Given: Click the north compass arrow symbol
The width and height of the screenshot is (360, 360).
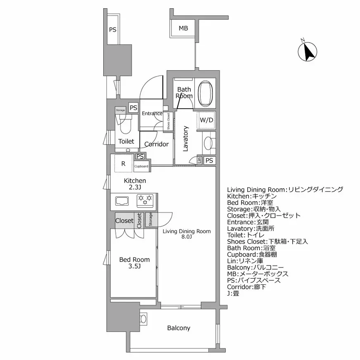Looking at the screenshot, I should click(307, 51).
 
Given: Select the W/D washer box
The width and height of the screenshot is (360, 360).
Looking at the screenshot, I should click(206, 120).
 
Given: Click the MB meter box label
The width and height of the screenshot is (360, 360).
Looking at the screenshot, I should click(183, 28).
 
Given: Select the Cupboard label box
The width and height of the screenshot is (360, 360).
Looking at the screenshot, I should click(141, 166).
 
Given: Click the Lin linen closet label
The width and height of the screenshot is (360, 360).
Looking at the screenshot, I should click(199, 161).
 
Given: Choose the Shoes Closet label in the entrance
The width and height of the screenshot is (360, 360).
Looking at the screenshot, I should click(168, 122).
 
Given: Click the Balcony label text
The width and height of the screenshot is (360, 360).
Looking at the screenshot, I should click(179, 328).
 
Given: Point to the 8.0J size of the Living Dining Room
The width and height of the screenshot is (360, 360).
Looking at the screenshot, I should click(186, 237).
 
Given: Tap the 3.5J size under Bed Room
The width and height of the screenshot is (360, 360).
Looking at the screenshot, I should click(134, 266).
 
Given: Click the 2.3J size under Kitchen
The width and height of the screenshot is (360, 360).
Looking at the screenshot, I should click(135, 187).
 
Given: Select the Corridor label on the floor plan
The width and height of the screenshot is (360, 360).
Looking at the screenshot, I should click(156, 144).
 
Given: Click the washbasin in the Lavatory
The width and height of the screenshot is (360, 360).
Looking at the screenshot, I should click(207, 143).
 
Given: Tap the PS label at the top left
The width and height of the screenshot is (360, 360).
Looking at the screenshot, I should click(112, 29).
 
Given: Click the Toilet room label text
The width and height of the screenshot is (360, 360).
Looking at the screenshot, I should click(126, 141).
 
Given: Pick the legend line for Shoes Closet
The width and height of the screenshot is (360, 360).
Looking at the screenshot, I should click(268, 242).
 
